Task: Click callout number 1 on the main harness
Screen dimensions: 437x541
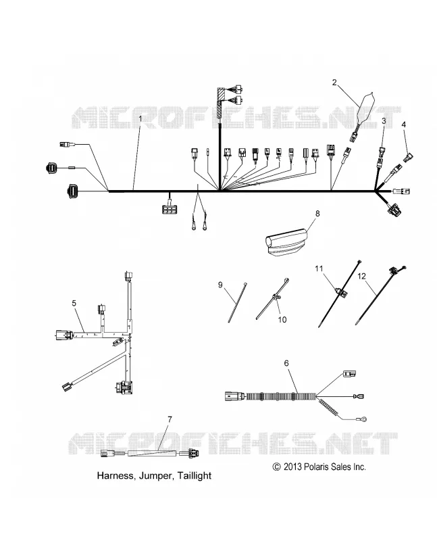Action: click(x=140, y=118)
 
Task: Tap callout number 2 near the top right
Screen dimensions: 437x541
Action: click(x=334, y=83)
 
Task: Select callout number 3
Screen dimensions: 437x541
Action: click(x=384, y=121)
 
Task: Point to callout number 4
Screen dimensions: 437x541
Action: click(x=404, y=124)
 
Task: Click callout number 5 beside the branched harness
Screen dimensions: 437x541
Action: click(x=74, y=303)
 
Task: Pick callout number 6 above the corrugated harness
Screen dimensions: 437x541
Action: click(x=286, y=363)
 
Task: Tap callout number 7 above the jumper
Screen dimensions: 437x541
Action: click(x=170, y=419)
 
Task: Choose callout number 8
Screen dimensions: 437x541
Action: click(x=317, y=214)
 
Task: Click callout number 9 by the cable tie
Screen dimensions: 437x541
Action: click(x=220, y=285)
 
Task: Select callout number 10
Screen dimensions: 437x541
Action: click(x=282, y=319)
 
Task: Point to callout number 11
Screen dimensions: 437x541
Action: click(x=319, y=268)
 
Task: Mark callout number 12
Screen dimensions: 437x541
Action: click(x=361, y=276)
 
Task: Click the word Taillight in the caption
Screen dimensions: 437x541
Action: click(x=195, y=475)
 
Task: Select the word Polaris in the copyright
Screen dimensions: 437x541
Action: click(x=316, y=467)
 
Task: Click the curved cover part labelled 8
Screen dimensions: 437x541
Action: click(x=286, y=240)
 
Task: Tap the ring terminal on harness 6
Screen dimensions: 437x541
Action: click(x=363, y=419)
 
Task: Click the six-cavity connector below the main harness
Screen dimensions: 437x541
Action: click(x=170, y=209)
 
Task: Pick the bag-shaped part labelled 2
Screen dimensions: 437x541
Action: click(x=363, y=110)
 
